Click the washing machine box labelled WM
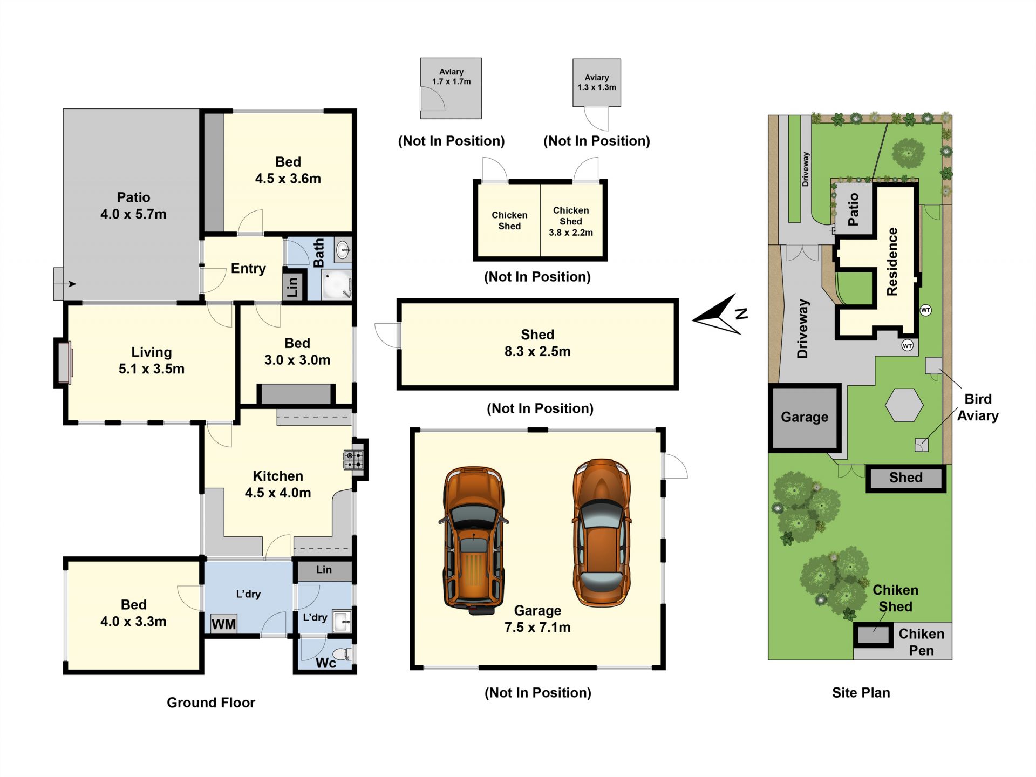point(223,624)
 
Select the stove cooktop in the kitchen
point(354,460)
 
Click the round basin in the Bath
point(343,250)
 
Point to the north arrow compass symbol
point(720,314)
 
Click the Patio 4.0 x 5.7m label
point(133,206)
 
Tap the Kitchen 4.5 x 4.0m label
point(278,484)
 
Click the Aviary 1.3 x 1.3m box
point(597,83)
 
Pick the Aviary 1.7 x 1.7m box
point(451,88)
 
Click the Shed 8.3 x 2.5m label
point(537,343)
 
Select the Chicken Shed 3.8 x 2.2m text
point(571,221)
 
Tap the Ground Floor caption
point(211,703)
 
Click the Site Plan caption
point(861,693)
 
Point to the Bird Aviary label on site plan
point(978,407)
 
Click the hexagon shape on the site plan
point(904,405)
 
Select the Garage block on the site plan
point(805,417)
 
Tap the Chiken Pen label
point(922,642)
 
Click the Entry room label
point(248,269)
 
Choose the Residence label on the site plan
point(892,261)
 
